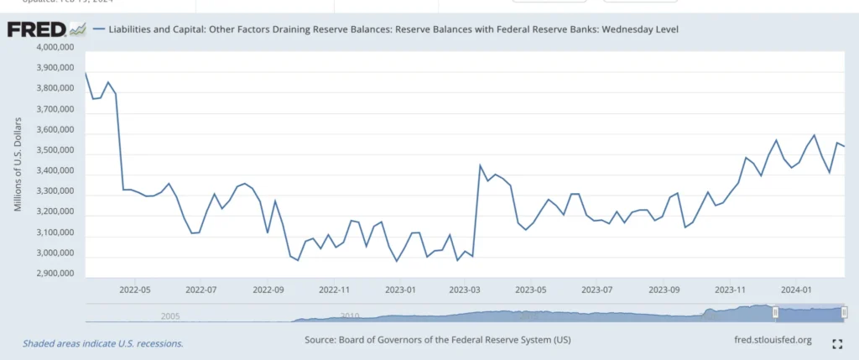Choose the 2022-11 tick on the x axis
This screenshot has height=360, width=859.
coord(335,289)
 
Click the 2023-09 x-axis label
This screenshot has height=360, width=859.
coord(664,289)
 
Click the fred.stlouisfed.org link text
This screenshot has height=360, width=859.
coord(772,340)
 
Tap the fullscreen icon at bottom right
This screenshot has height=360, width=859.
coord(836,343)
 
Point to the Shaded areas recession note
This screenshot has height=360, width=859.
coord(102,343)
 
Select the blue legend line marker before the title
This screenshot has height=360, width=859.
coord(100,29)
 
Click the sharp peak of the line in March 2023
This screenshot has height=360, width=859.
coord(479,165)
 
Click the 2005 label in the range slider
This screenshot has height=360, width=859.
coord(170,316)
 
